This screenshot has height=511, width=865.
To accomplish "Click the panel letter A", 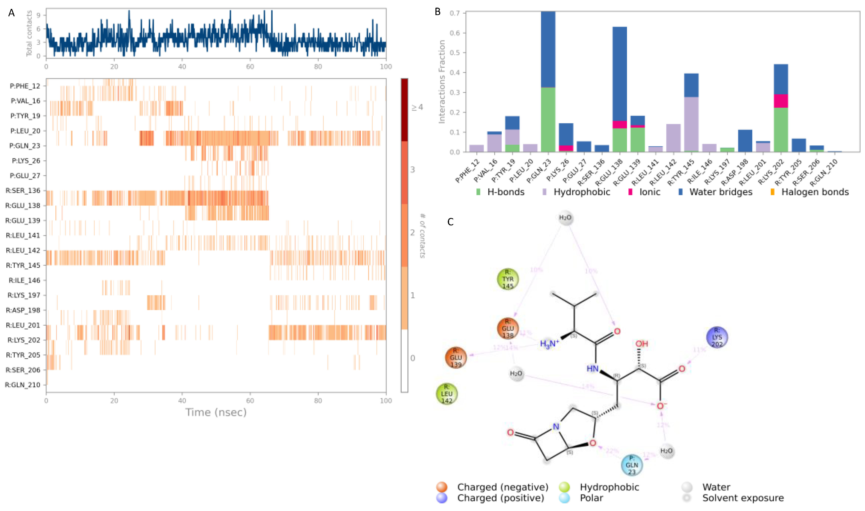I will pos(11,13).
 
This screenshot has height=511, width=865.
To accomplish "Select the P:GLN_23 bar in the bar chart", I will pos(548,83).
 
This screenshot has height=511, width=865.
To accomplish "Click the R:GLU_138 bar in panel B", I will pos(619,90).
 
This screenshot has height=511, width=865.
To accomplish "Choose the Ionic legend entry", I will pos(649,192).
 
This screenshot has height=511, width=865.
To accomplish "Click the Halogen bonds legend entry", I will pos(815,192).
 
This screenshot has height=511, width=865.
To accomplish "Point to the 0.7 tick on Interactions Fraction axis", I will pos(455,13).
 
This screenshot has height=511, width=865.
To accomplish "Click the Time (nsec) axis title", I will pos(216,412).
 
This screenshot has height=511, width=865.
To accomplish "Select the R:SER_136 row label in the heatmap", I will pos(23,190).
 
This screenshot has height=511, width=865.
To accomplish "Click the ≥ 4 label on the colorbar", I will pos(417,107).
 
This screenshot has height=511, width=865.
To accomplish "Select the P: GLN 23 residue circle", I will pos(632,465).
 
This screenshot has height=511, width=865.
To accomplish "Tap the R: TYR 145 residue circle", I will pos(508,279).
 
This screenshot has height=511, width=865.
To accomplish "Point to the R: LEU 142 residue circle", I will pos(447,393).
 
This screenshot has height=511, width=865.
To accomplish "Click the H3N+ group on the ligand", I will pos(549,344).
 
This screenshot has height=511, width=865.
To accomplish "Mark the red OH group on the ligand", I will pos(641,343).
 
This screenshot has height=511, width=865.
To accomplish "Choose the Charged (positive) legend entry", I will pos(500,498).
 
